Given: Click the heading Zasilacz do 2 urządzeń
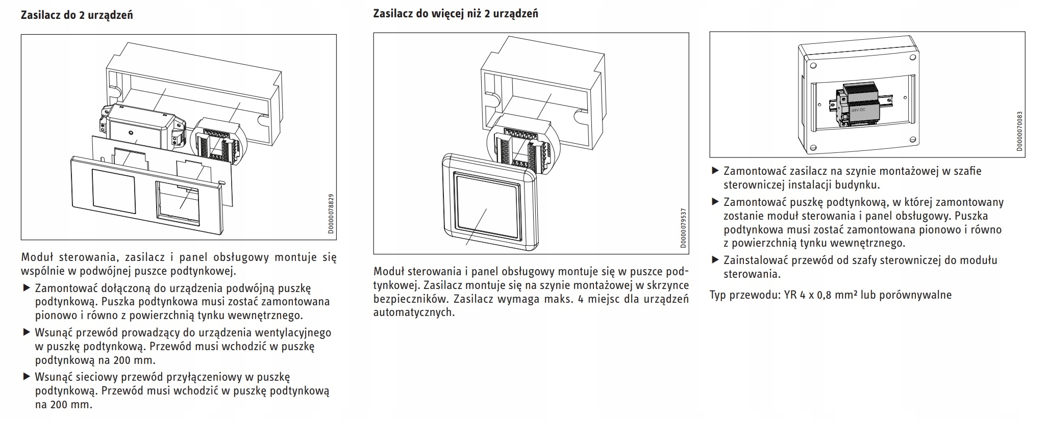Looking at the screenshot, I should [x=77, y=15].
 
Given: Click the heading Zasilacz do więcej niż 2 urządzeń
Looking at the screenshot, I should [x=455, y=14].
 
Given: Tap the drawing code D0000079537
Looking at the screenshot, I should [x=683, y=228].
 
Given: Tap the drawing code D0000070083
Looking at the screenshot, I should [x=1019, y=131].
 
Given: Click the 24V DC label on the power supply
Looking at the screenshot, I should [x=858, y=110].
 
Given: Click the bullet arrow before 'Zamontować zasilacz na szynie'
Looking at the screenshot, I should [x=715, y=171].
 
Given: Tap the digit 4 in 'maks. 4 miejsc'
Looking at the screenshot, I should [x=580, y=298].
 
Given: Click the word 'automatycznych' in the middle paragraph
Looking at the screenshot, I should [x=413, y=312].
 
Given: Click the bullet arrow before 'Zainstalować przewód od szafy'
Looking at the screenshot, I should [x=715, y=260].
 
